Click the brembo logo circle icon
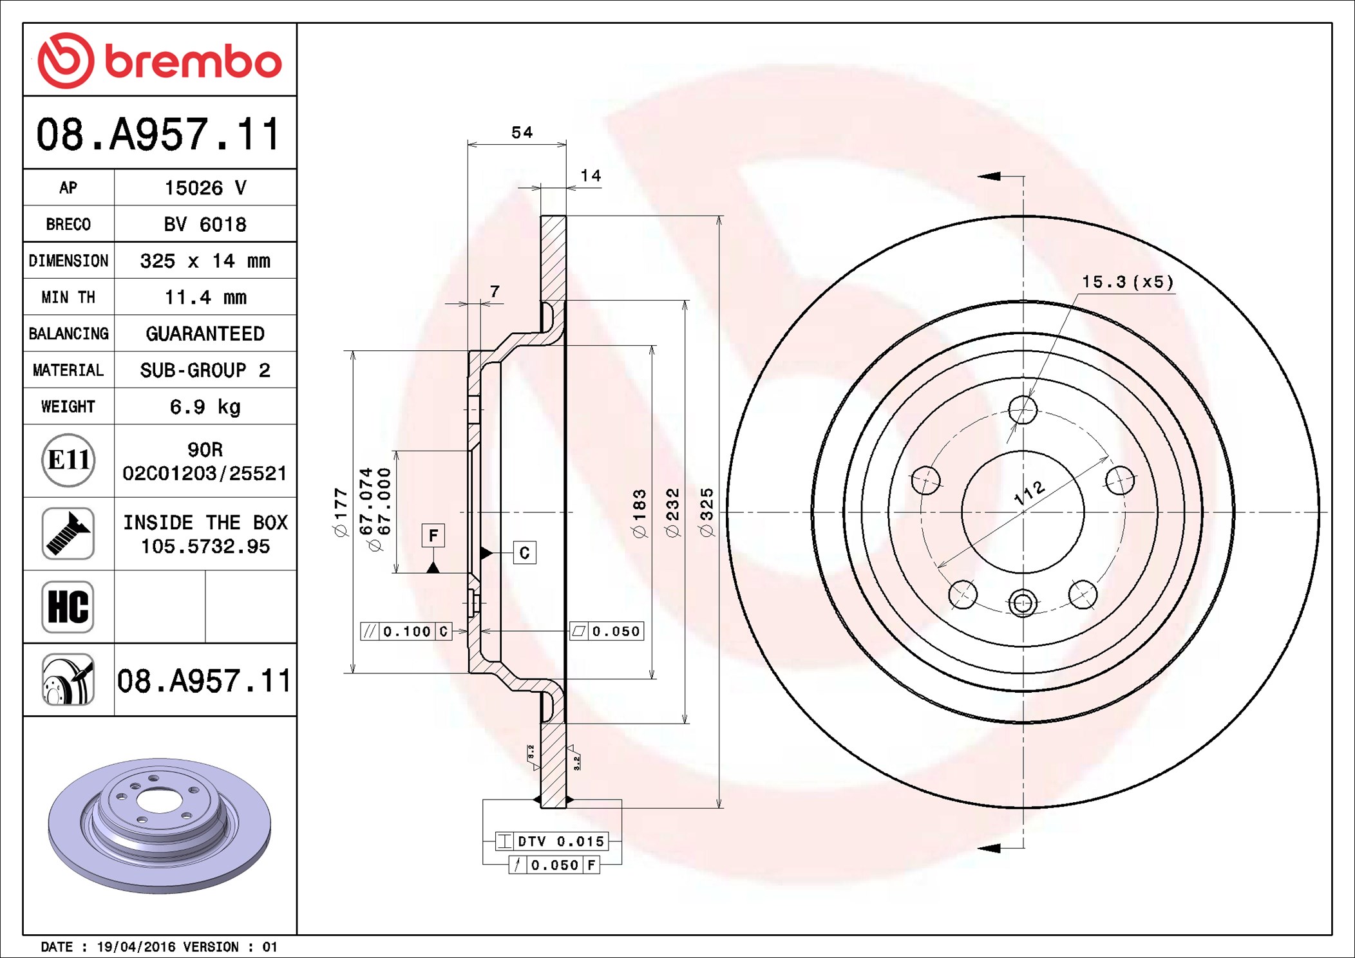tap(66, 61)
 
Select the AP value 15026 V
tap(205, 188)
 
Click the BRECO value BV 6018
tap(205, 225)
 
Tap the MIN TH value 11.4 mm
tap(205, 297)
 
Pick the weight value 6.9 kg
tap(205, 407)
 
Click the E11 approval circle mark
tap(68, 460)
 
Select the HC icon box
tap(68, 607)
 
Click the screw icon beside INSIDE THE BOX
tap(68, 534)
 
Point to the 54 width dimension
tap(522, 133)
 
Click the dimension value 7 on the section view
tap(495, 292)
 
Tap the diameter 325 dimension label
tap(706, 512)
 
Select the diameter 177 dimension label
tap(341, 512)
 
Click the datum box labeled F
tap(433, 536)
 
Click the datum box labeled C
tap(524, 553)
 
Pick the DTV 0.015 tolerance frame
tap(551, 841)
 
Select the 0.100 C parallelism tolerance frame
tap(406, 632)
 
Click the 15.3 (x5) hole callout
tap(1127, 282)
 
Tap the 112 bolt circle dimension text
tap(1029, 493)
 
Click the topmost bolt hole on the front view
tap(1023, 409)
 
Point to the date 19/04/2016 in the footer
tap(135, 947)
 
